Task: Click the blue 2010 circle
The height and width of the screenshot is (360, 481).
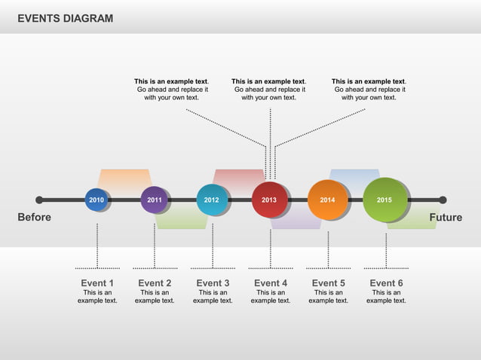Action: (97, 200)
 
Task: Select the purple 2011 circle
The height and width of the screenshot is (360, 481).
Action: (154, 200)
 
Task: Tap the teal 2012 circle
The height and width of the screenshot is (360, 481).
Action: (212, 200)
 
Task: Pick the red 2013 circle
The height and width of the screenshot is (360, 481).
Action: (269, 200)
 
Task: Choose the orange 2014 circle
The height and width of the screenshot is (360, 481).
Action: (327, 200)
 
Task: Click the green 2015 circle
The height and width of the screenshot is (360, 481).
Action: (384, 200)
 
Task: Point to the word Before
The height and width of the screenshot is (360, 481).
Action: (35, 218)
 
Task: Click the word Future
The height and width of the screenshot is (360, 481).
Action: (445, 218)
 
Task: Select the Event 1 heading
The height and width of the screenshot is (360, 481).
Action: (97, 283)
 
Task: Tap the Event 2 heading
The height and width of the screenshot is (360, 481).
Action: (155, 283)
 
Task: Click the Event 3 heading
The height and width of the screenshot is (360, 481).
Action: (213, 283)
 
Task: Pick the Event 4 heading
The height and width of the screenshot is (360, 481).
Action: (271, 283)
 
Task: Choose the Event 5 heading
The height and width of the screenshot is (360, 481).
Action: (328, 283)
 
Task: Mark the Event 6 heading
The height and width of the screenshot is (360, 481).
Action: (386, 283)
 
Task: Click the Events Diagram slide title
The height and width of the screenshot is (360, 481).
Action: (66, 18)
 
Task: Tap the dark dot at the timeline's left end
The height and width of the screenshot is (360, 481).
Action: (39, 200)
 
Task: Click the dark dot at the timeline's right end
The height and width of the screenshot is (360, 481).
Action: (443, 200)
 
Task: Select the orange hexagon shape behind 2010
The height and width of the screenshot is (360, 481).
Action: (124, 178)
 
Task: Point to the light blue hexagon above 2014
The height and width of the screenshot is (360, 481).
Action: (354, 176)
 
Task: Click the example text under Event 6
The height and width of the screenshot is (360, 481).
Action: (386, 297)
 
